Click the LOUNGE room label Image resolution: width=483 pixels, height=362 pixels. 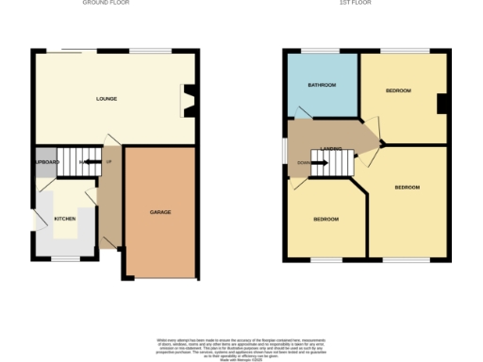(106, 98)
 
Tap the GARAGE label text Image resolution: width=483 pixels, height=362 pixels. (159, 212)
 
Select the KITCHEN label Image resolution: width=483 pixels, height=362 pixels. (64, 218)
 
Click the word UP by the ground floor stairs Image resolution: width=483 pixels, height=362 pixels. (108, 162)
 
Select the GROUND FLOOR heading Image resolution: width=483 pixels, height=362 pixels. (106, 4)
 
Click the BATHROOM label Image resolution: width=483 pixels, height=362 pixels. (322, 85)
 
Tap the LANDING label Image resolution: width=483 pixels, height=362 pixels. (330, 149)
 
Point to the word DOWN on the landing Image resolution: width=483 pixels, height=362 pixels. (302, 162)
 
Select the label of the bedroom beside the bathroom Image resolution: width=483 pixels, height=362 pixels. (398, 90)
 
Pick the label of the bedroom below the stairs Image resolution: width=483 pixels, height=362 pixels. (325, 219)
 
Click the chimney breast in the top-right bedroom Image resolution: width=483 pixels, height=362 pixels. (441, 104)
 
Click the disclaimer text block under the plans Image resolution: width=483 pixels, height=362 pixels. (241, 345)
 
